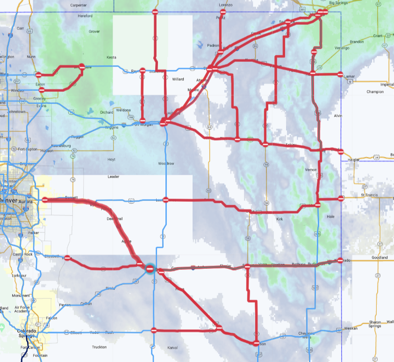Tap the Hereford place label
click(86, 16)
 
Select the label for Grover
click(94, 31)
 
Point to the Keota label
click(111, 57)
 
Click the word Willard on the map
click(178, 79)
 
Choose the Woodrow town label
click(166, 163)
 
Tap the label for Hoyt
click(111, 159)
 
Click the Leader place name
click(114, 177)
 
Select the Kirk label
click(280, 219)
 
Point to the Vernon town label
click(311, 170)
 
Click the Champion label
click(375, 92)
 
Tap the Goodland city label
click(380, 258)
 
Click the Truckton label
click(99, 347)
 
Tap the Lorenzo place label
click(225, 5)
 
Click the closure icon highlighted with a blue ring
click(150, 268)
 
